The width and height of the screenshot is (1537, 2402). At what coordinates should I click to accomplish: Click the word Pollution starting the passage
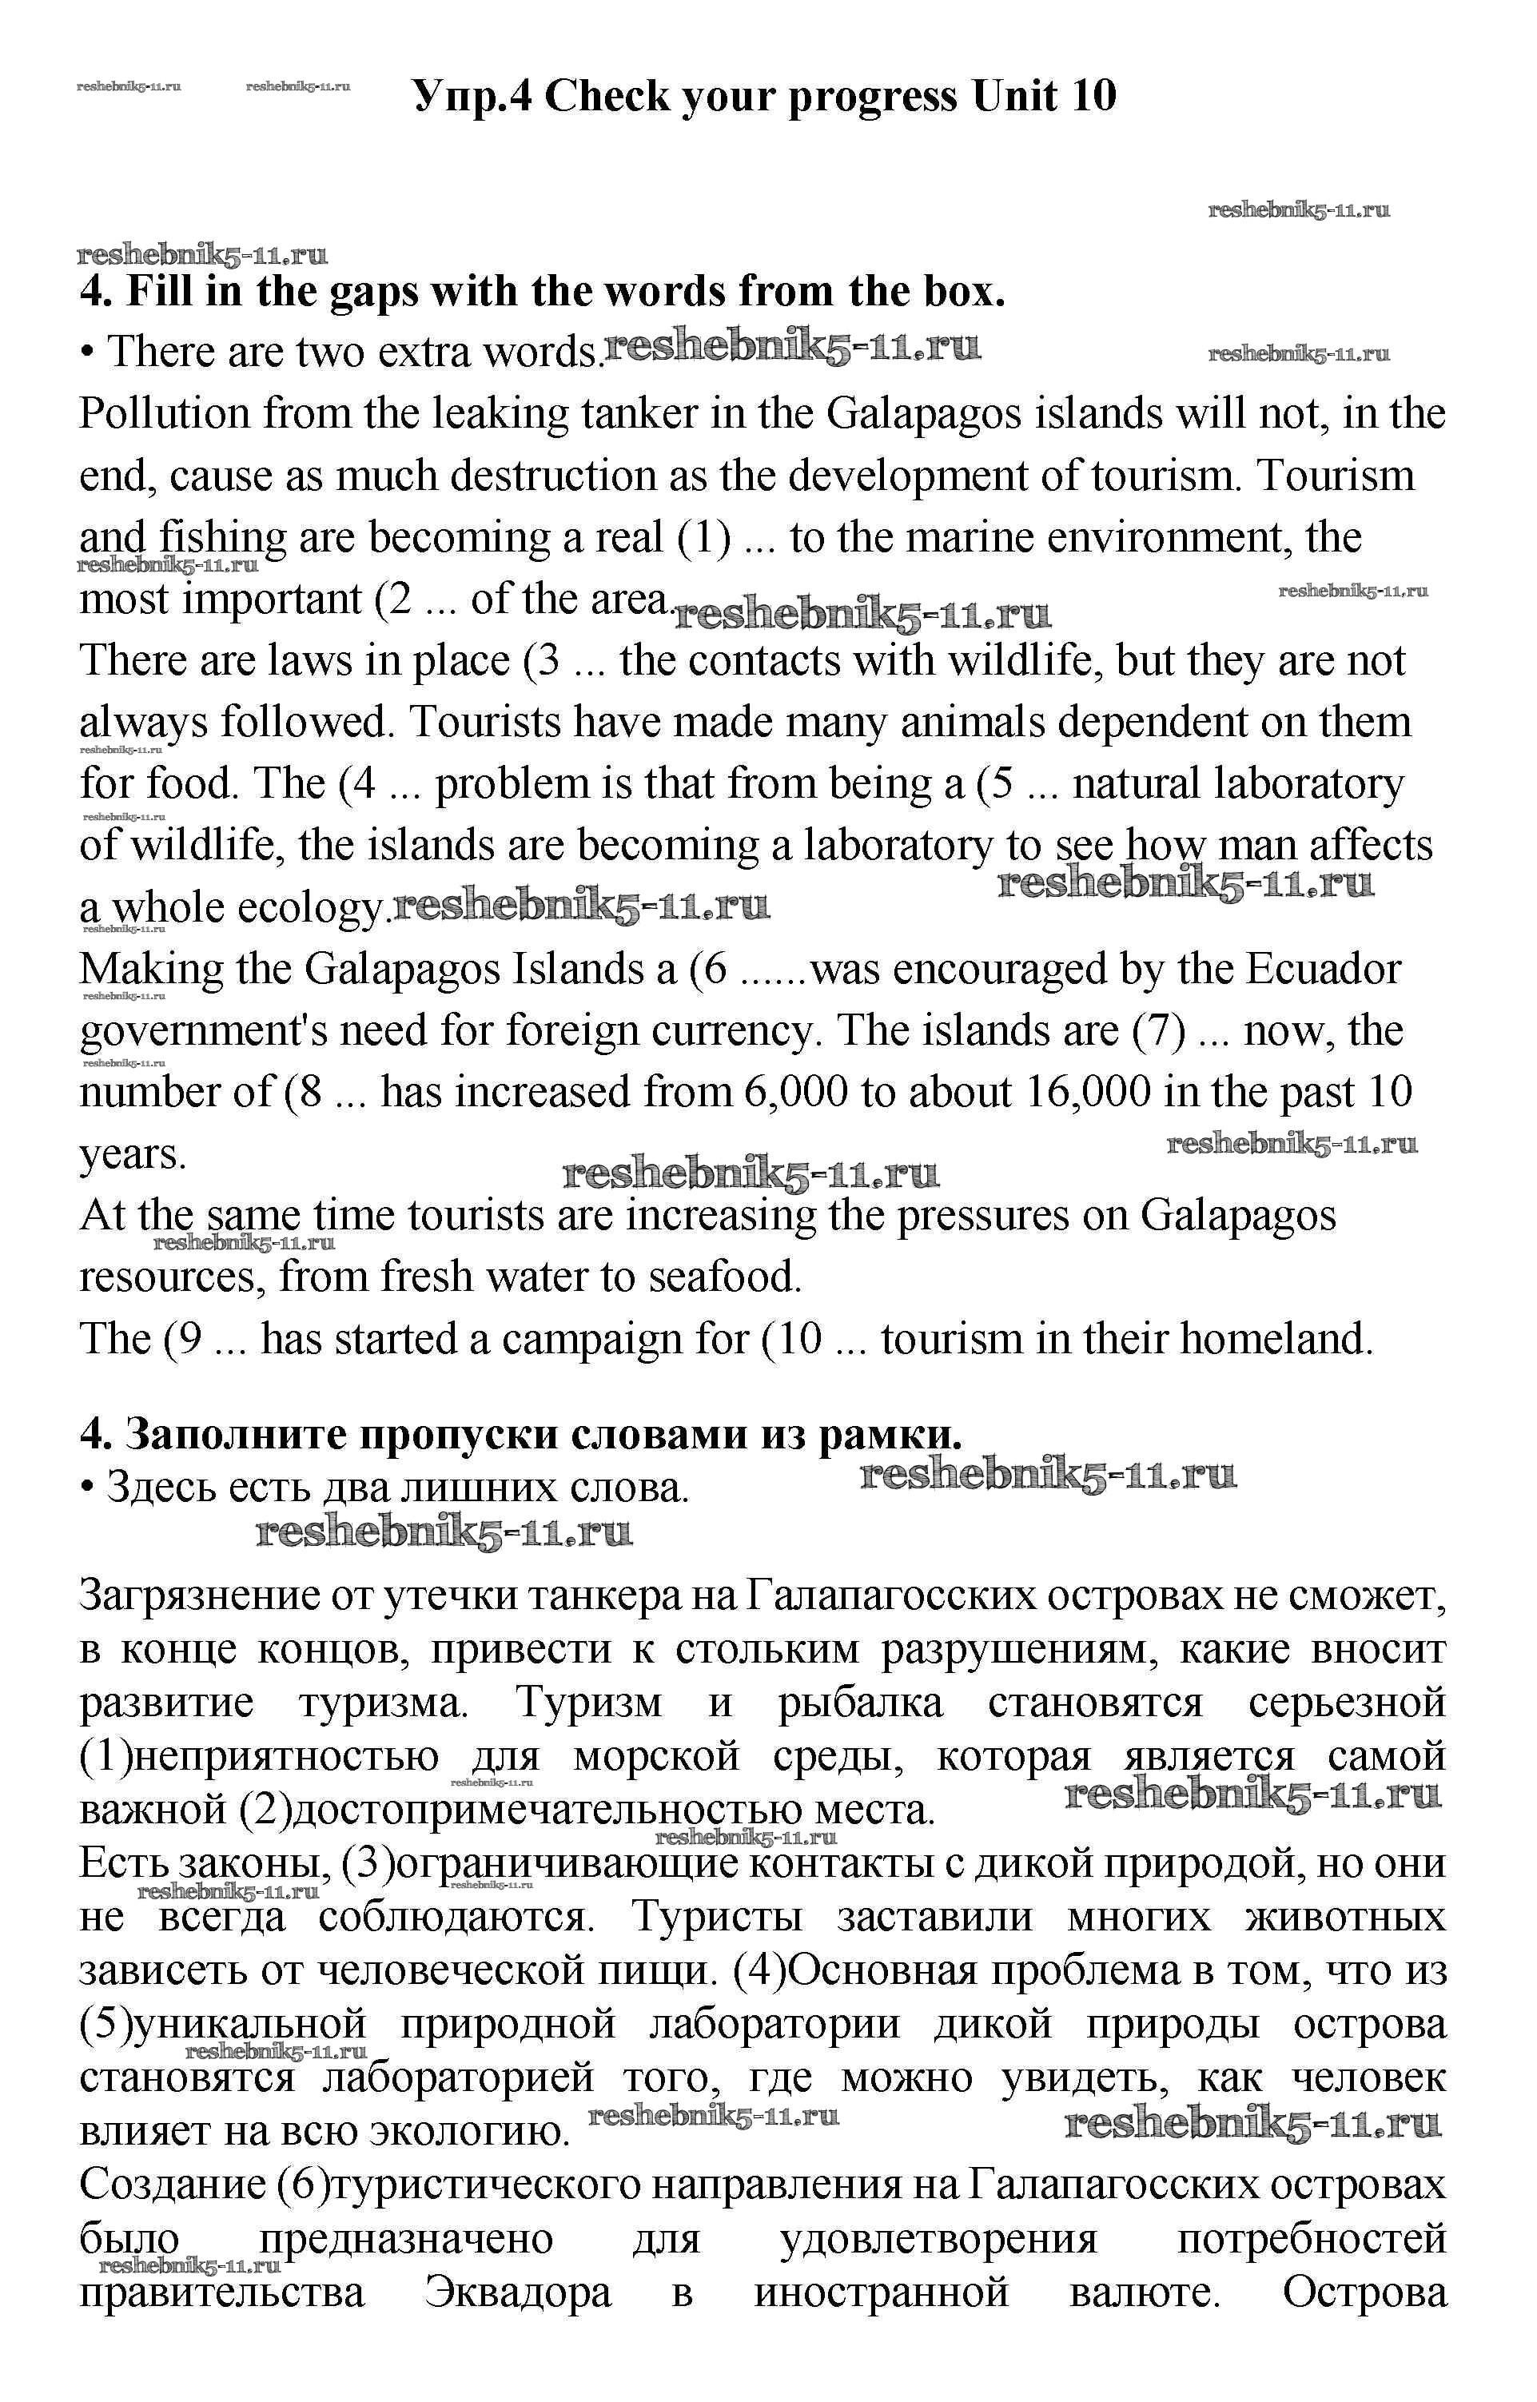point(164,414)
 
